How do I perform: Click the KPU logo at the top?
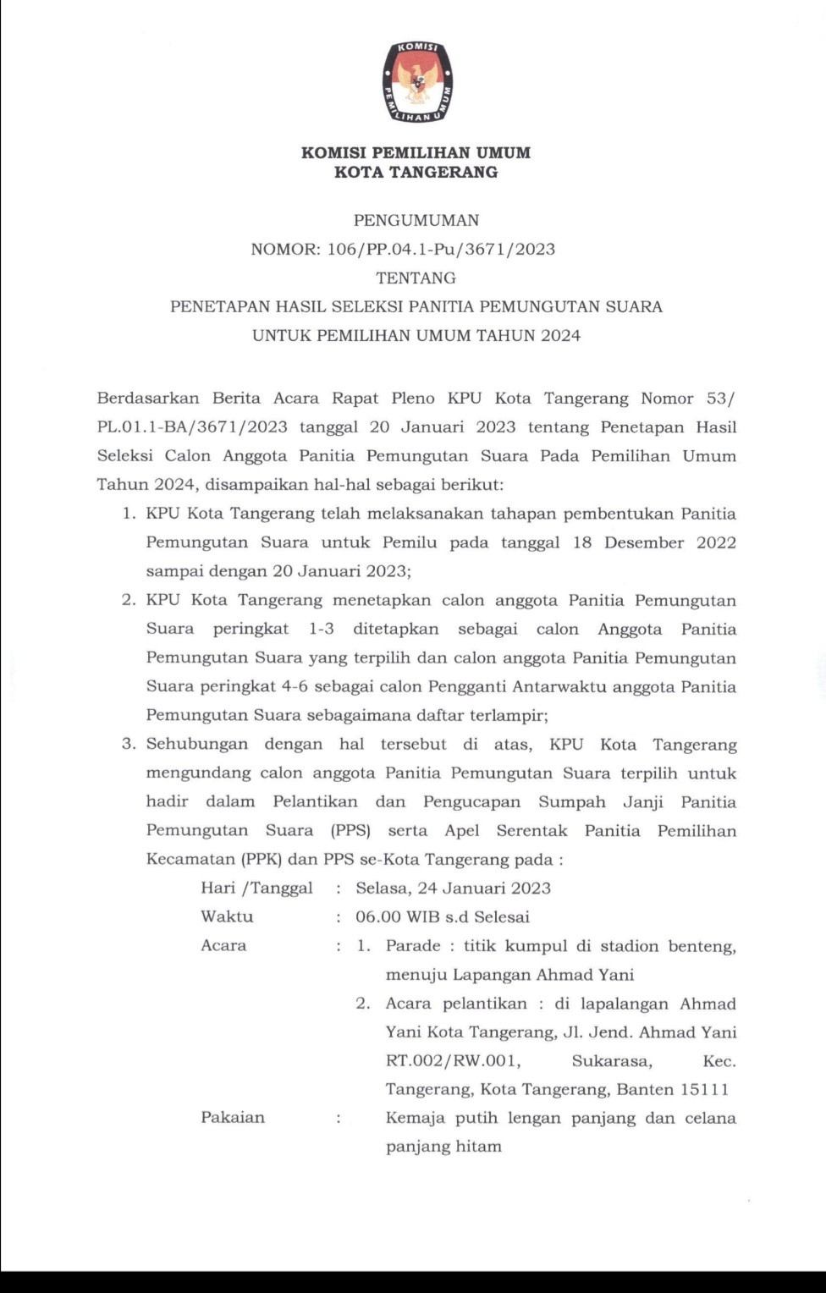click(x=416, y=82)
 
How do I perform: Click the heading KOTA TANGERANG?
click(x=416, y=173)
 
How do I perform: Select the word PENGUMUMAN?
click(x=416, y=220)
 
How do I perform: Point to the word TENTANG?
click(x=416, y=278)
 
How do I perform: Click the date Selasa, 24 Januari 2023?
click(x=453, y=888)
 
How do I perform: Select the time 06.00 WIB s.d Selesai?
click(x=442, y=916)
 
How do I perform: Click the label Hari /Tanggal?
click(x=256, y=888)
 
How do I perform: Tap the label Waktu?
click(x=227, y=916)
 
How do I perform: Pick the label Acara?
click(x=223, y=945)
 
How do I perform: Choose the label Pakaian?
click(x=233, y=1117)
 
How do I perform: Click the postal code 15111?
click(x=707, y=1089)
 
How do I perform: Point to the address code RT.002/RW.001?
click(x=453, y=1060)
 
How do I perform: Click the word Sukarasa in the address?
click(x=611, y=1060)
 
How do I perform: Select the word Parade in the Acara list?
click(x=413, y=945)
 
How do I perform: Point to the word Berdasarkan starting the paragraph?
click(x=148, y=398)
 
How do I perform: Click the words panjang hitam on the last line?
click(x=443, y=1147)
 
